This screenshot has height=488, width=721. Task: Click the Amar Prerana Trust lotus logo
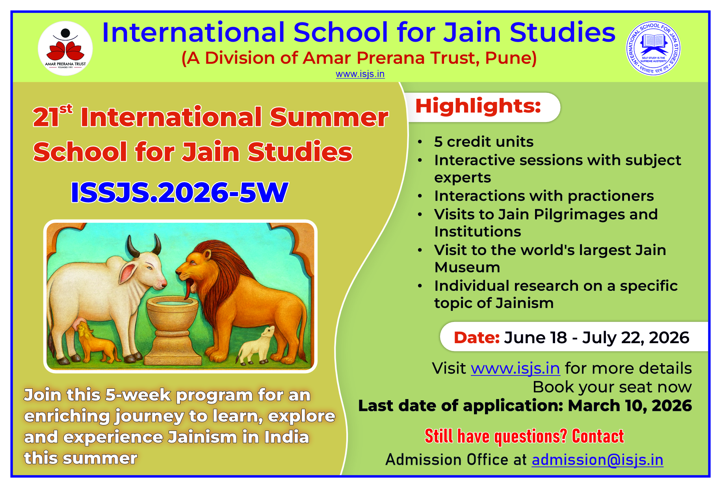(65, 48)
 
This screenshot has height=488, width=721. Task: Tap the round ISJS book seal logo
(653, 48)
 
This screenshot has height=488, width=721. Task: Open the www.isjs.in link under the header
(360, 74)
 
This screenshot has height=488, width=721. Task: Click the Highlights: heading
(478, 106)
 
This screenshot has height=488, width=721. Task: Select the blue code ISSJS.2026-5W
(179, 192)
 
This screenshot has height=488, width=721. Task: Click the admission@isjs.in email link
(597, 460)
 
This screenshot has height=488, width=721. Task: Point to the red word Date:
(477, 338)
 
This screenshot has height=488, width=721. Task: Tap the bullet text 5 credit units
(484, 142)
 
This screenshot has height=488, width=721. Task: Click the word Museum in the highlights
(467, 268)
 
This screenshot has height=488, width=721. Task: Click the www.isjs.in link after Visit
(515, 369)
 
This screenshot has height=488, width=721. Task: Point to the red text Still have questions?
(496, 436)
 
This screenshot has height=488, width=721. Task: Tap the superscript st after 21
(66, 109)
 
